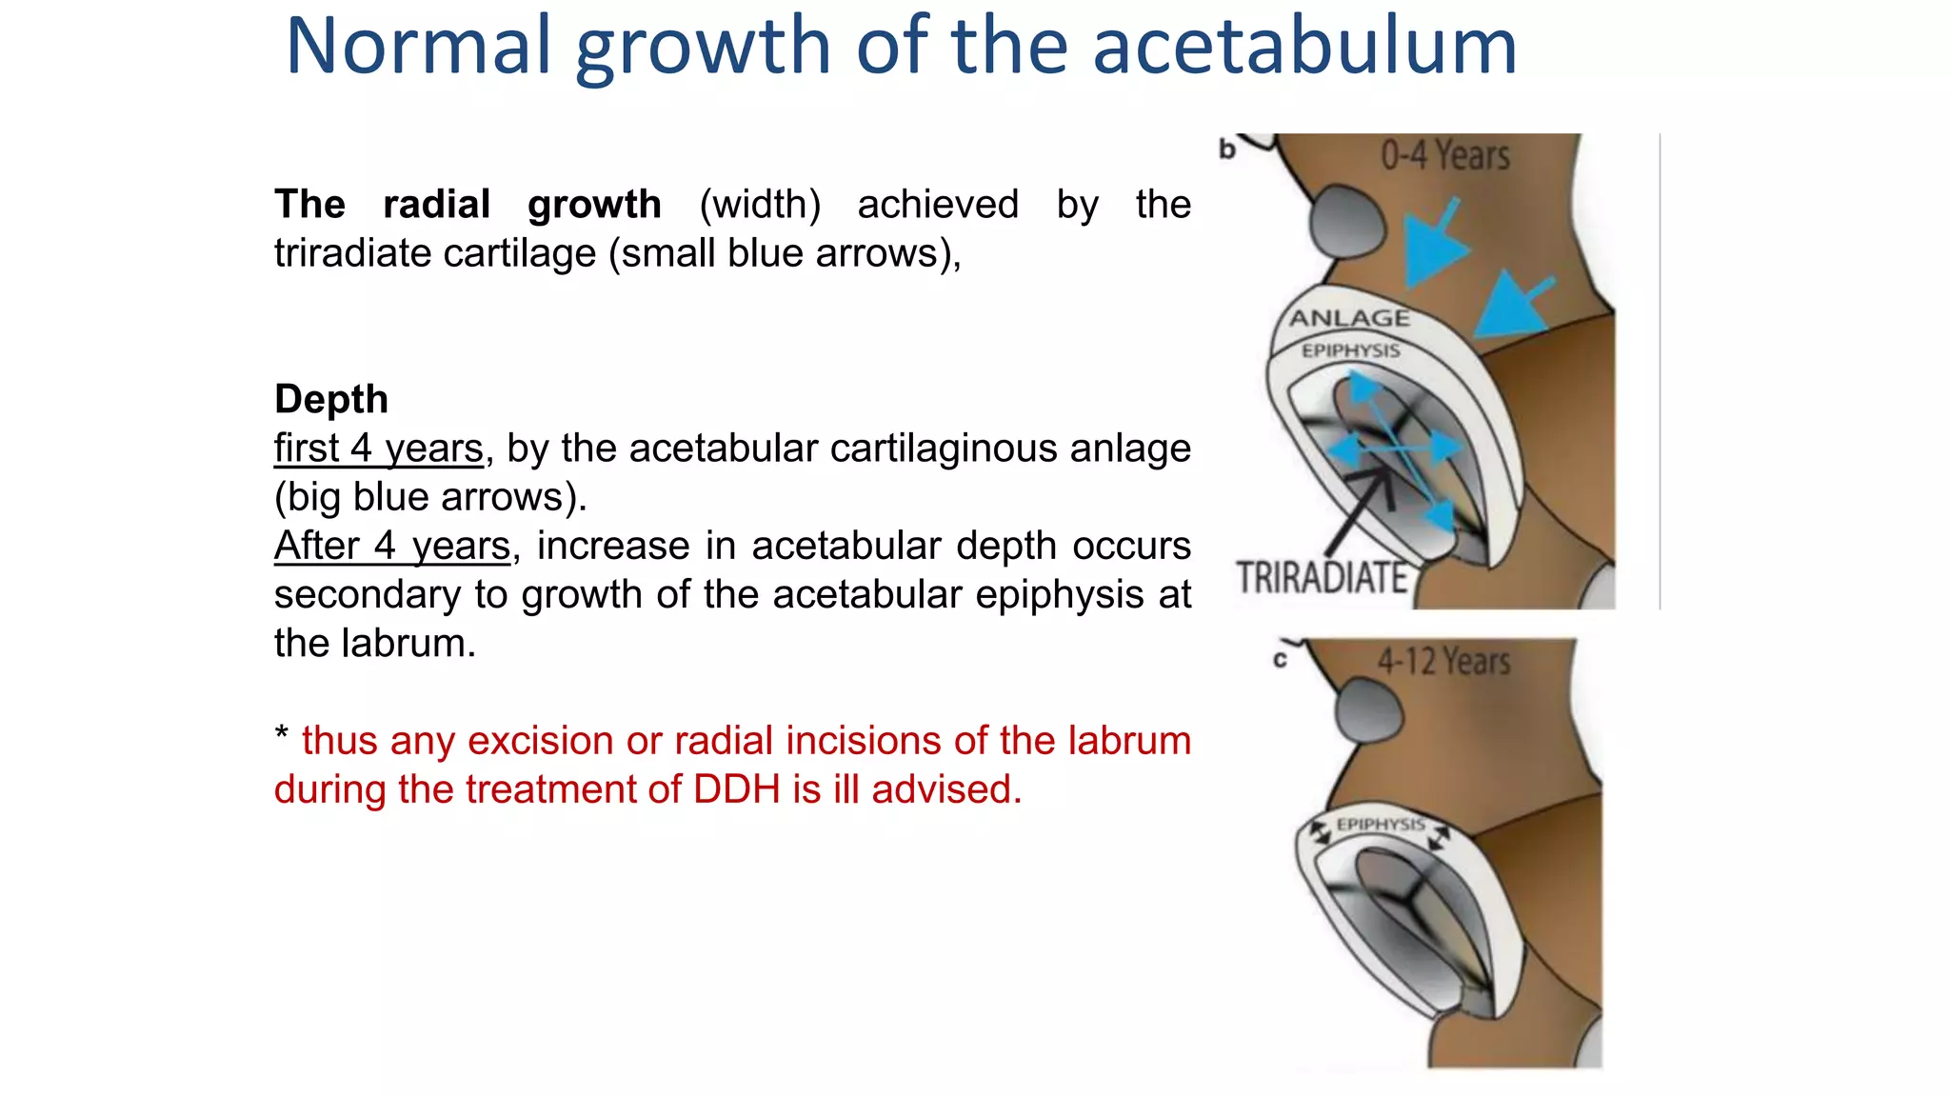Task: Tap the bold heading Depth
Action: [331, 399]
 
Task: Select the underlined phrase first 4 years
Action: [379, 448]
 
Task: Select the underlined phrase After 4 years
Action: [392, 546]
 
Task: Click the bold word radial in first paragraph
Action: [436, 205]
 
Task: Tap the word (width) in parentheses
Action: [760, 205]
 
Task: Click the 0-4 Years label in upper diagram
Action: [1445, 155]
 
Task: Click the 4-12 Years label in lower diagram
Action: [1443, 661]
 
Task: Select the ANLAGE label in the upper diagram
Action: [1349, 318]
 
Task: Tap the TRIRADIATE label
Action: [1322, 578]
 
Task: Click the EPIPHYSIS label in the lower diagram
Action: [1380, 825]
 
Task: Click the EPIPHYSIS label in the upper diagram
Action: [1350, 350]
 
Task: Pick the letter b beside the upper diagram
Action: [1227, 150]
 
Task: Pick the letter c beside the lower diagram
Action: [1280, 660]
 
